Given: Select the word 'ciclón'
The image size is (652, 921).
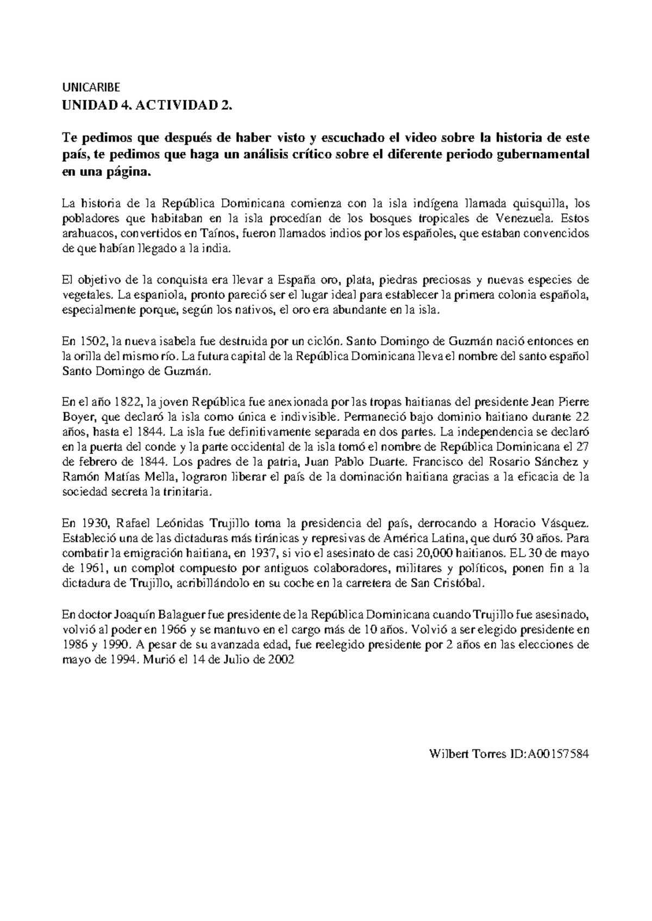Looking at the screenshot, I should (x=324, y=342).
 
